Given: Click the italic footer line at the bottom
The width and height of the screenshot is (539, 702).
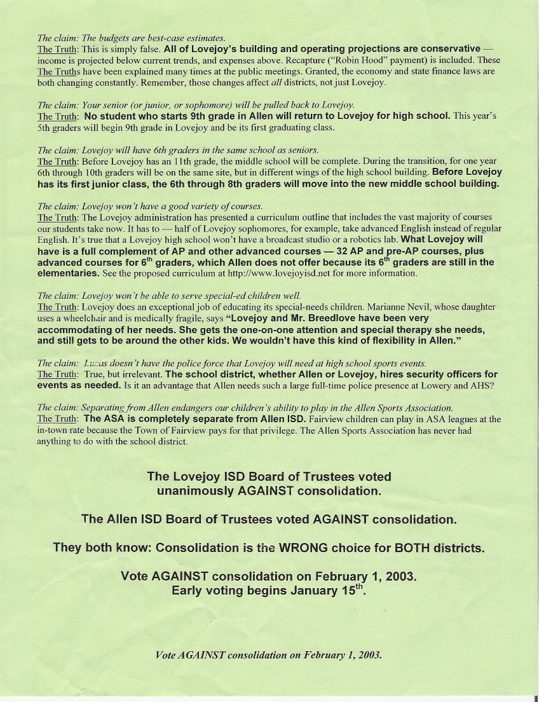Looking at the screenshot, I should [269, 655].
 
